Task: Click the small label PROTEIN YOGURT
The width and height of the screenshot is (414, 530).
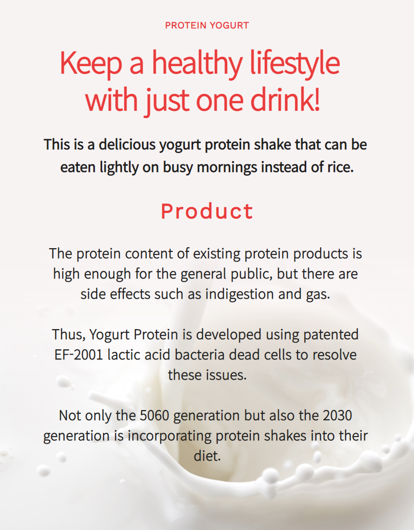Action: [207, 26]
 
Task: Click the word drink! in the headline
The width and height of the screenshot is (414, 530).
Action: [285, 100]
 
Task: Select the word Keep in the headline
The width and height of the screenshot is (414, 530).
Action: [91, 64]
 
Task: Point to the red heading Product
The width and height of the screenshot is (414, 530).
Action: [207, 211]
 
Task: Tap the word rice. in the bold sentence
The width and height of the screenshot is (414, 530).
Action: [340, 167]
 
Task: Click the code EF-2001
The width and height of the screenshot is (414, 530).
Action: [78, 355]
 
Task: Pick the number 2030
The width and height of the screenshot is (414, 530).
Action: [337, 416]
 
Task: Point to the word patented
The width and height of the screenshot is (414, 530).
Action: [331, 335]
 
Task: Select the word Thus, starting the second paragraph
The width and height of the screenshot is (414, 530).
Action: [68, 335]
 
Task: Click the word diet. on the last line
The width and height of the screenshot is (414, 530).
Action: [207, 456]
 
